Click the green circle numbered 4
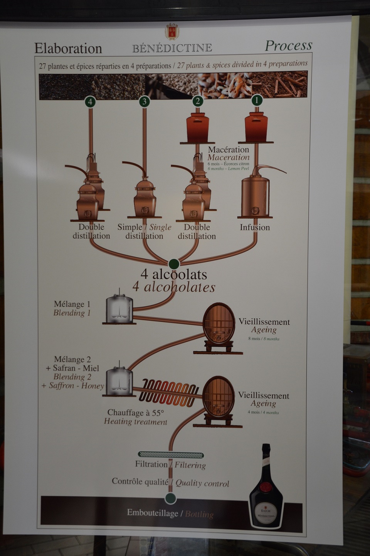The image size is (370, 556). pos(90,102)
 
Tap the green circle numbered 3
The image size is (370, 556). pos(144,102)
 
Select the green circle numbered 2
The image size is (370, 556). pos(198,101)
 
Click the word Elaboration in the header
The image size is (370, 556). pos(68,49)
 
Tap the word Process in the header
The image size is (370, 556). pos(288,45)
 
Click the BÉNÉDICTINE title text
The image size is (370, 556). pos(172,48)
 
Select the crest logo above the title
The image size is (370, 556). pos(172,31)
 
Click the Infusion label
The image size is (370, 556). pos(255,227)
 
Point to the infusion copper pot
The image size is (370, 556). pos(255,194)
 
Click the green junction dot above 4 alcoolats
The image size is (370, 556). pos(174,264)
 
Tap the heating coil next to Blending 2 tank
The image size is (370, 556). pos(168,393)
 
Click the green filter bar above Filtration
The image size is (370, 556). pos(170,455)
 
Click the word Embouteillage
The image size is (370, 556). pos(153,513)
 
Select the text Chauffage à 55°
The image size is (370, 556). pos(136,412)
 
